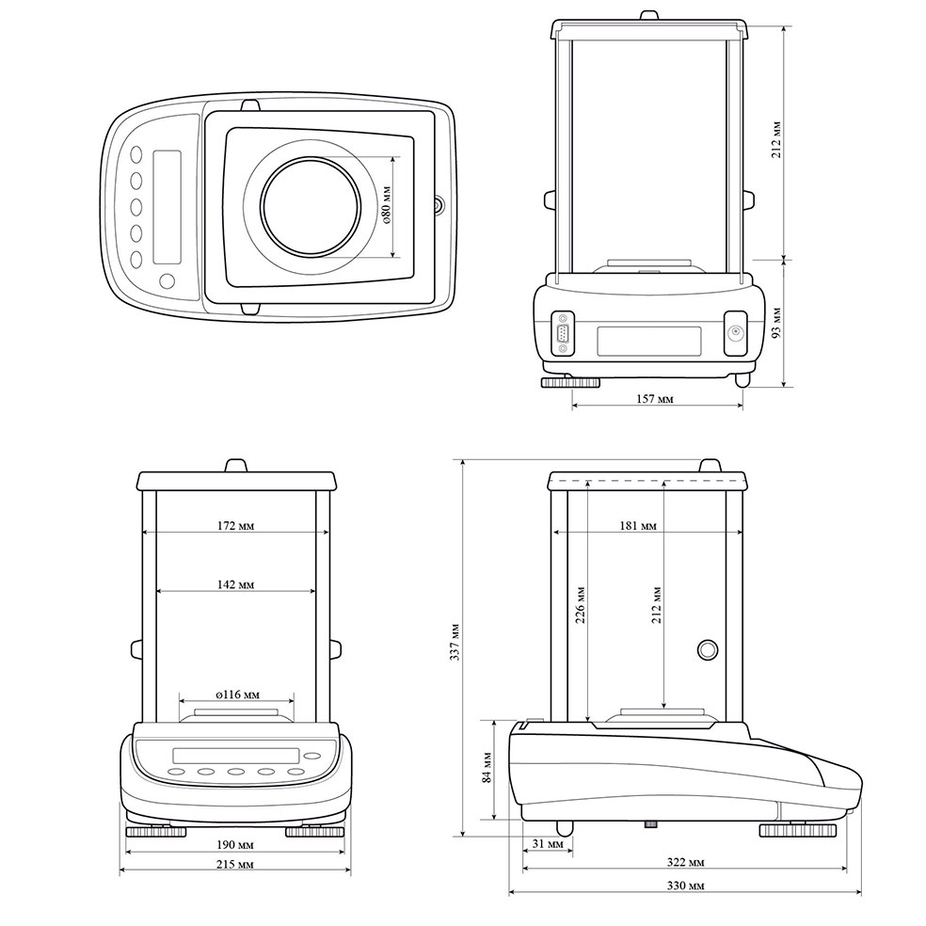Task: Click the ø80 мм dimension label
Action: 387,205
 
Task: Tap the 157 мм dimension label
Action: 654,399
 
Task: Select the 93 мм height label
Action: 776,323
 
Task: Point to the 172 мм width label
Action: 235,526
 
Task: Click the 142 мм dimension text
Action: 235,584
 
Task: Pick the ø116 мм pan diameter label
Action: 237,694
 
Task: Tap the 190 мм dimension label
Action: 235,844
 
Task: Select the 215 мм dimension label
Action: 235,864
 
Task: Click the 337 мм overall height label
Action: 455,642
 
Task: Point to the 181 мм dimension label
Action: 638,526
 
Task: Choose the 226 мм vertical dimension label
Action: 581,605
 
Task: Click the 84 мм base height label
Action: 487,767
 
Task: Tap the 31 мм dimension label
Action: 548,844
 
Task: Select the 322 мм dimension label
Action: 686,862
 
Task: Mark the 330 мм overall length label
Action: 686,886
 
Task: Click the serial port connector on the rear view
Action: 563,333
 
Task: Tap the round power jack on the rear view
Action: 736,332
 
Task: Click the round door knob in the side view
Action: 708,649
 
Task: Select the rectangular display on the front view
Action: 235,756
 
